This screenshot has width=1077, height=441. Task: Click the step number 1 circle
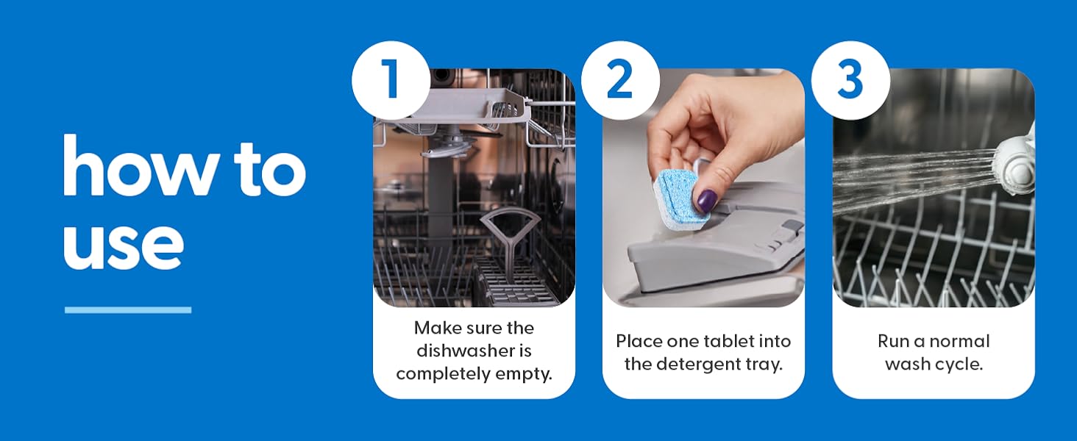pyautogui.click(x=391, y=80)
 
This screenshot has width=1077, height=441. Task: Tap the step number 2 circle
pyautogui.click(x=620, y=80)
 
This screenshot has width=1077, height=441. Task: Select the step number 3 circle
pyautogui.click(x=850, y=80)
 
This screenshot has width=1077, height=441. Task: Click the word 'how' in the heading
pyautogui.click(x=141, y=165)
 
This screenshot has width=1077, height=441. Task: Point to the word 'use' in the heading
pyautogui.click(x=123, y=243)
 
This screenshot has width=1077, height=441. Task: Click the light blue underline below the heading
pyautogui.click(x=128, y=310)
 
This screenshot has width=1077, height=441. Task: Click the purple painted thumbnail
pyautogui.click(x=707, y=201)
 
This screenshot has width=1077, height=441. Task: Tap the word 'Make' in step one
pyautogui.click(x=436, y=328)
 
